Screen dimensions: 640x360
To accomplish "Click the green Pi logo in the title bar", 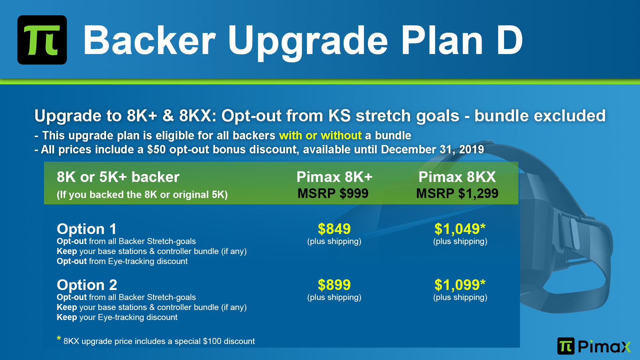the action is (42, 40).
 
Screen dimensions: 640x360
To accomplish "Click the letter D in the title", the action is (510, 40).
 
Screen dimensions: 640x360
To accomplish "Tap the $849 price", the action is (334, 229).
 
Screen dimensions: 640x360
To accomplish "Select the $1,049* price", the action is (460, 229).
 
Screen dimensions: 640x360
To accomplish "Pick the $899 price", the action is (334, 285).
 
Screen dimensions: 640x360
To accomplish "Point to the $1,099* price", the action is (460, 285).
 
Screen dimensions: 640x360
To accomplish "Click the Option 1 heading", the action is (87, 229).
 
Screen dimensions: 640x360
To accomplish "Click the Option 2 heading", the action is (87, 285).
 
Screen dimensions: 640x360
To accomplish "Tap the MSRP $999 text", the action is (333, 193).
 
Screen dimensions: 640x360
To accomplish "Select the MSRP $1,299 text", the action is (457, 193).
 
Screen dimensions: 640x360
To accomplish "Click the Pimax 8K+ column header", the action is (334, 177).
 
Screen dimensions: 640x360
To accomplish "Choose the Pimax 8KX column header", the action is (457, 177).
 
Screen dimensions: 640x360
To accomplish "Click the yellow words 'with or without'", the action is (320, 135).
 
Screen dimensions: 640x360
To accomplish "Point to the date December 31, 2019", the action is (432, 149).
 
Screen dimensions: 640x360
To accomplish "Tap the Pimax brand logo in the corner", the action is (594, 346).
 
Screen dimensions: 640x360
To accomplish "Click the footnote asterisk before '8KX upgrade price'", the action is (59, 339).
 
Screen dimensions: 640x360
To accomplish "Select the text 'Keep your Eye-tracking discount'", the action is (117, 317).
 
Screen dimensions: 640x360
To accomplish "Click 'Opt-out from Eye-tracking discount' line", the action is (122, 261).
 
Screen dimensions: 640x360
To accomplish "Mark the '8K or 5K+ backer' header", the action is (118, 177).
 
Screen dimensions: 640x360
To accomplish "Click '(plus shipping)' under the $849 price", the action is (334, 241).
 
